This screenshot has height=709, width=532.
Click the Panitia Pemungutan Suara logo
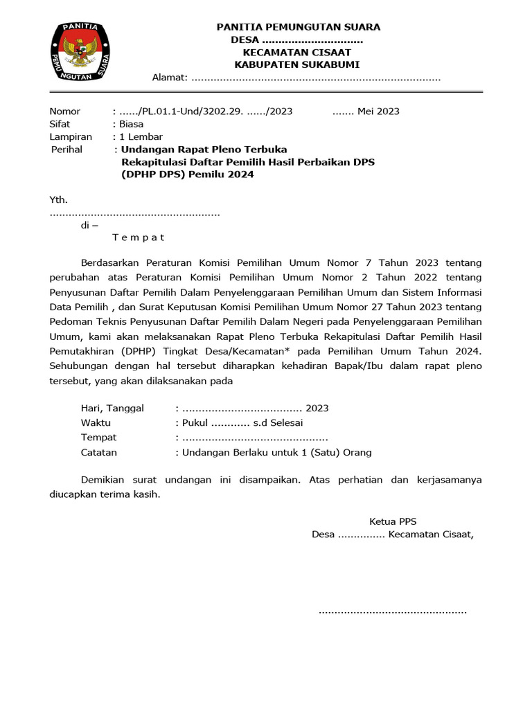[82, 53]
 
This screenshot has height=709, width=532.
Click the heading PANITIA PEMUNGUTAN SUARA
[298, 27]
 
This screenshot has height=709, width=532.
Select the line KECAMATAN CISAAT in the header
[296, 53]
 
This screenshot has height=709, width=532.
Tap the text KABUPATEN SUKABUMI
[296, 65]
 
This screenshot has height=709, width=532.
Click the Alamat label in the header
[170, 78]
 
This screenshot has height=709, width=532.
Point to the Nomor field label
[64, 111]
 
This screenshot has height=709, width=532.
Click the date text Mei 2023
[378, 111]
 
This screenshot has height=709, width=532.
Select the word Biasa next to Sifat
[131, 124]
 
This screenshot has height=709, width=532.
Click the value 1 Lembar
[141, 137]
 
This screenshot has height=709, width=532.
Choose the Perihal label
[67, 150]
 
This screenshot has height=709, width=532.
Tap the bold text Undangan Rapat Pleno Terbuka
[204, 150]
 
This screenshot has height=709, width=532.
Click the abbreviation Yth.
[58, 200]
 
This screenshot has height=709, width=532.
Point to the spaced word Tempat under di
[138, 237]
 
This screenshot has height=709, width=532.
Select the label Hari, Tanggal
[112, 409]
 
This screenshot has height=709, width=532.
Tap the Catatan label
[99, 453]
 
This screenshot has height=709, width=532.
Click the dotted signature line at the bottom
[392, 612]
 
